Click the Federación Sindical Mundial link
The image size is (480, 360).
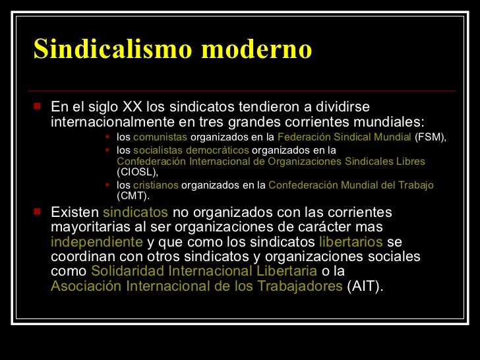point(344,137)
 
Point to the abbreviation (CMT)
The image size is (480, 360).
point(133,196)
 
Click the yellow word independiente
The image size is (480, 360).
point(97,241)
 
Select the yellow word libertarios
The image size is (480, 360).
point(350,241)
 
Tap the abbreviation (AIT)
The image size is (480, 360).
point(365,286)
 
